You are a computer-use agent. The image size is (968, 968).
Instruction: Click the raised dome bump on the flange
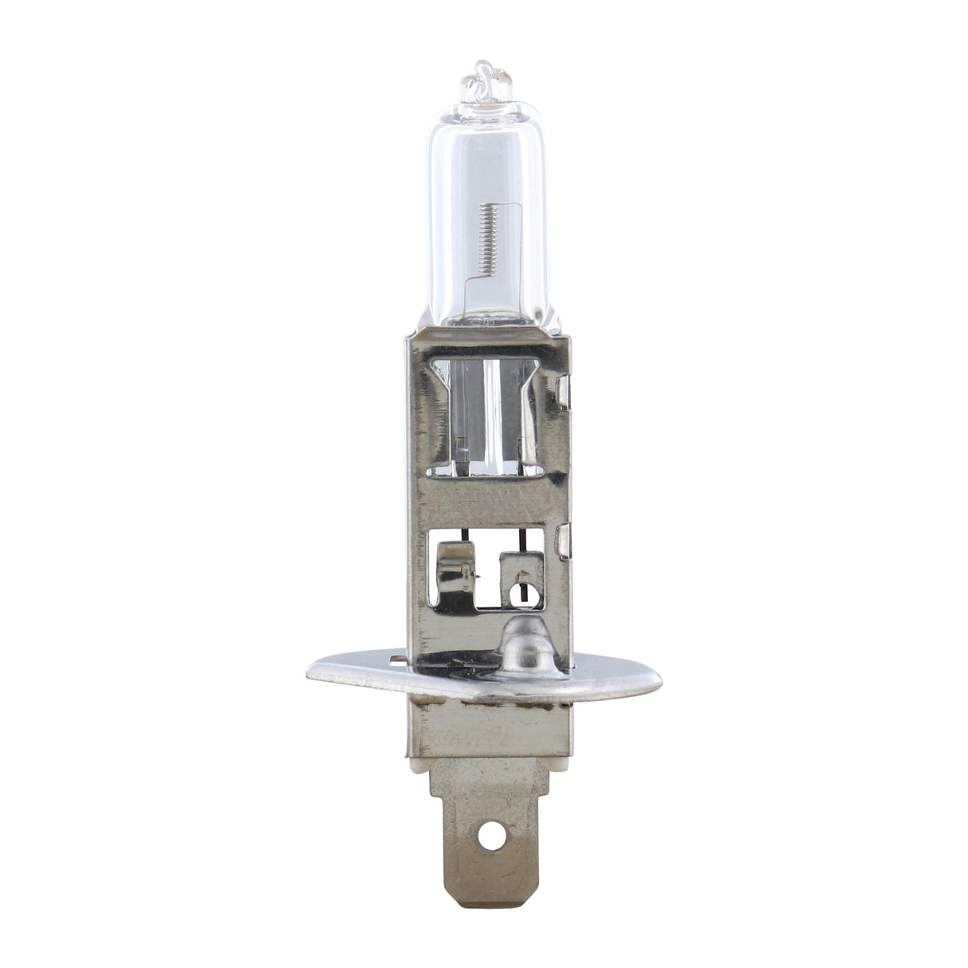[525, 643]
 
